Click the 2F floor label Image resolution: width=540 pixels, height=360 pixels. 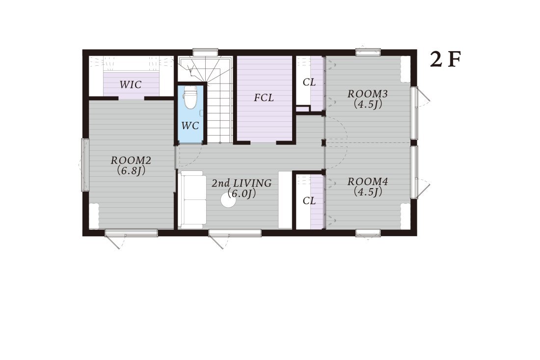point(445,59)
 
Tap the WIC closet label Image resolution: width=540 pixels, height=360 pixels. point(131,84)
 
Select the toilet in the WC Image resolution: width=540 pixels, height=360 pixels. point(190,97)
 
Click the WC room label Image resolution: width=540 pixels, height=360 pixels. point(190,126)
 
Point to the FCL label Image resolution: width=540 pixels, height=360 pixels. point(264,98)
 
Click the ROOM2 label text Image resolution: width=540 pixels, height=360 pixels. point(131,160)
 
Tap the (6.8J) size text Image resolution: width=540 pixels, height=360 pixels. point(131,170)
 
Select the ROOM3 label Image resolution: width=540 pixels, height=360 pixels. point(368,94)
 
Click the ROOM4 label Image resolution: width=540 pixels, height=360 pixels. point(368,182)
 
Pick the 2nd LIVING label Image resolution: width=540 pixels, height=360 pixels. point(242,183)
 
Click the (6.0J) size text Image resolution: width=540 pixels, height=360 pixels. point(242,194)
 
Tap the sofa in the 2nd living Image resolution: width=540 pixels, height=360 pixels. point(192,199)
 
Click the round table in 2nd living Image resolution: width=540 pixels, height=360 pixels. point(228,200)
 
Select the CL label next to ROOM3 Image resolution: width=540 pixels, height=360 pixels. point(309,83)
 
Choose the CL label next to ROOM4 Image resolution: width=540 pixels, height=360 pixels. point(309,200)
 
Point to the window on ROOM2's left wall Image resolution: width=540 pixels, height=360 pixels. point(85,165)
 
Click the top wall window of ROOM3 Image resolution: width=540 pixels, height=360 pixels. point(368,52)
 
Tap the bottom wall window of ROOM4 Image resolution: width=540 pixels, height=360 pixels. point(368,233)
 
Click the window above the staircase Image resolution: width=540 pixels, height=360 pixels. point(205,52)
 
